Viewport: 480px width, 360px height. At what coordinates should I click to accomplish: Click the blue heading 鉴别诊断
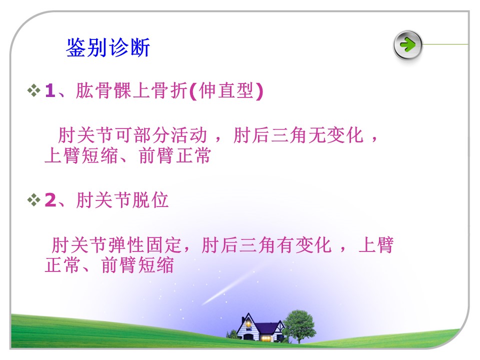point(108,47)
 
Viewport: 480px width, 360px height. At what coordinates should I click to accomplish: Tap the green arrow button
point(407,45)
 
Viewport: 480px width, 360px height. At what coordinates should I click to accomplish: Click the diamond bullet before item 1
point(33,90)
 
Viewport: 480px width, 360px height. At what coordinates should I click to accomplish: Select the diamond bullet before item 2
point(33,200)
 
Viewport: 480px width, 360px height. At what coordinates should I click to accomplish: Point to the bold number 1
point(50,91)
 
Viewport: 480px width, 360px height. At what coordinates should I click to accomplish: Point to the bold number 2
point(50,200)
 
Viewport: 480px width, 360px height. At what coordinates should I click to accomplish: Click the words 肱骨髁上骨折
point(131,91)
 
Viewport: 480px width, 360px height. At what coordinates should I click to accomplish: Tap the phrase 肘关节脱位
point(122,200)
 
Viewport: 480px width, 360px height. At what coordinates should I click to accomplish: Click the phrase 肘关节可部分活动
point(132,135)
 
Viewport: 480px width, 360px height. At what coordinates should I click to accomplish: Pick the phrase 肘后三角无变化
point(298,135)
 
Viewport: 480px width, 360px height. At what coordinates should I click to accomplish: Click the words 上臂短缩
point(81,155)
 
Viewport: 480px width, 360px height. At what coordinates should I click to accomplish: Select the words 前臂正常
point(175,155)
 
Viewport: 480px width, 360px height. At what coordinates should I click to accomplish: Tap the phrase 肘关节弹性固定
point(117,245)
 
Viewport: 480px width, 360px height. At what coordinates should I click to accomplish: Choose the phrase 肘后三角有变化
point(266,245)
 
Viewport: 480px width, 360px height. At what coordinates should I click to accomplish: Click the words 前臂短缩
point(137,265)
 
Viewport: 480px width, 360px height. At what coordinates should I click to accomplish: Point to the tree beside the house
point(299,325)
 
